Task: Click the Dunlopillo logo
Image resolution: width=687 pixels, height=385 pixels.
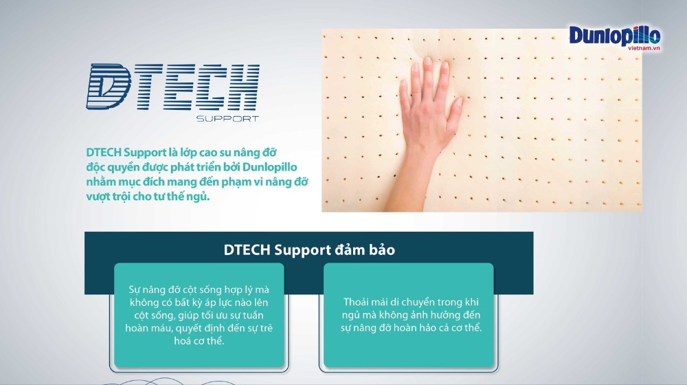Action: (614, 36)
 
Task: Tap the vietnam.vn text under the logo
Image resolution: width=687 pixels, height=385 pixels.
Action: (644, 48)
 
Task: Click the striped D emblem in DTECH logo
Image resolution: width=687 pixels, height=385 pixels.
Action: (109, 87)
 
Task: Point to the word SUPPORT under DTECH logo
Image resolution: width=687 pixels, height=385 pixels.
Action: (227, 119)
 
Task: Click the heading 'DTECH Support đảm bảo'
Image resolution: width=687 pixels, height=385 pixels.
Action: (309, 250)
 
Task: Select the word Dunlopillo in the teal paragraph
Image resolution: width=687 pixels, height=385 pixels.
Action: (269, 167)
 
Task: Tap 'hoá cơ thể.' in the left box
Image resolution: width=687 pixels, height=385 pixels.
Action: (199, 341)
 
